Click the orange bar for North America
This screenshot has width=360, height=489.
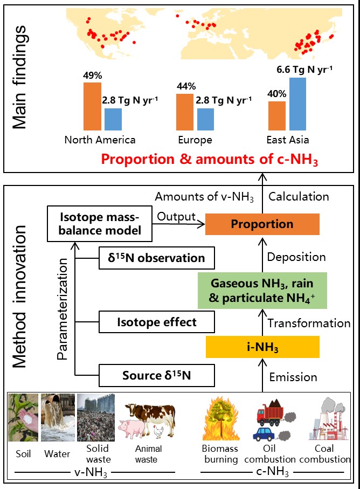(x=92, y=106)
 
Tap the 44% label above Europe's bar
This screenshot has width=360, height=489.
(x=186, y=86)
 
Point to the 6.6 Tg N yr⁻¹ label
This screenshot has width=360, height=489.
(x=304, y=68)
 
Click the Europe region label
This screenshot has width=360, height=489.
(x=195, y=140)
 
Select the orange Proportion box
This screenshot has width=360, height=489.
(x=262, y=224)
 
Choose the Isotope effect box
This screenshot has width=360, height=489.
(x=156, y=323)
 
